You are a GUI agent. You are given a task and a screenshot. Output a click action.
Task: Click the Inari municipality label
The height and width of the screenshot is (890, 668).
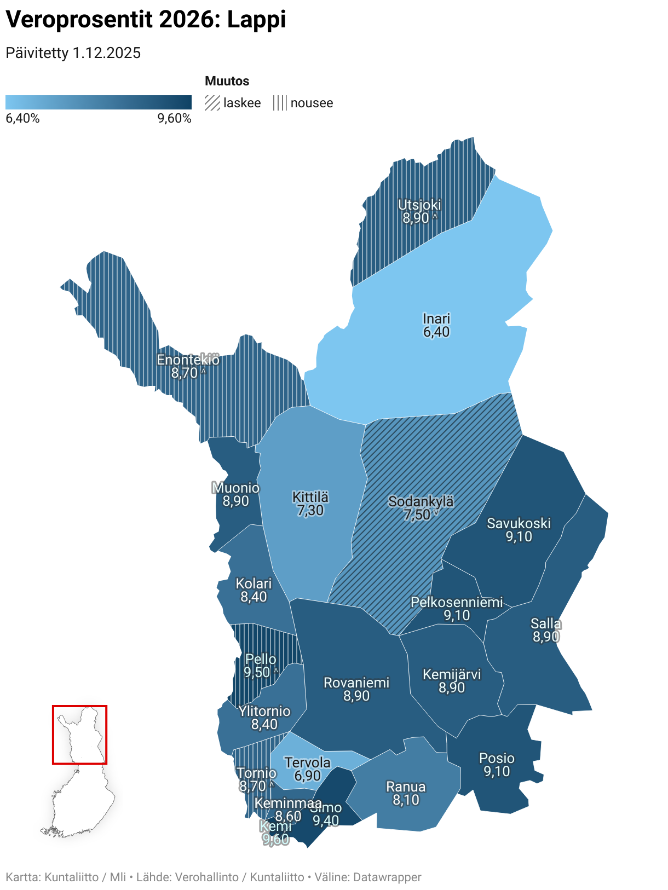(x=436, y=319)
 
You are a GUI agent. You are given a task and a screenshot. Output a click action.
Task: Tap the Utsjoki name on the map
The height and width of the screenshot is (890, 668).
(x=419, y=205)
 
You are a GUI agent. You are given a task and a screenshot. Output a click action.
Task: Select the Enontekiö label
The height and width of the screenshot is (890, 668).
(x=188, y=360)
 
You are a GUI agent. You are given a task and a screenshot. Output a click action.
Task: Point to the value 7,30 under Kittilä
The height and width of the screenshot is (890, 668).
(x=310, y=511)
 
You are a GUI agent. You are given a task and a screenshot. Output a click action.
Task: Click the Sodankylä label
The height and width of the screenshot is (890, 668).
(x=421, y=501)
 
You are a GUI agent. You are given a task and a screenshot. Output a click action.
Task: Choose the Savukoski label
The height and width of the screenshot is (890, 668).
(x=519, y=523)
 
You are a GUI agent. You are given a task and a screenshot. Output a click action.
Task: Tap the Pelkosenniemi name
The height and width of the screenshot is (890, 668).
(x=457, y=602)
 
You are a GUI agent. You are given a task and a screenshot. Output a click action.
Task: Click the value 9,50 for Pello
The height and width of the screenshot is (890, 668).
(x=257, y=672)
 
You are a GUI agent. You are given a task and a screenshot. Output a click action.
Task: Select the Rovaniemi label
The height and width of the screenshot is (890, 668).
(x=356, y=683)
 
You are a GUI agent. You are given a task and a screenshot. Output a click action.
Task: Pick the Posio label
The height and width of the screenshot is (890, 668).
(x=497, y=758)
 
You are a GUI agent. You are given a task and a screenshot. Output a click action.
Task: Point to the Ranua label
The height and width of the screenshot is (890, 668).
(x=406, y=787)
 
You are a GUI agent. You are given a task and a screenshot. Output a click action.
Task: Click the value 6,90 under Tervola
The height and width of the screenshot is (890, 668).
(x=307, y=776)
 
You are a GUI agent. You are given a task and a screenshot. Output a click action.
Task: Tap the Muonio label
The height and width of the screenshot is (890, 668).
(x=235, y=488)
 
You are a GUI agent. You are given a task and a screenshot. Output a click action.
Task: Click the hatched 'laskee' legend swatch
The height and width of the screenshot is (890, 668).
(x=212, y=103)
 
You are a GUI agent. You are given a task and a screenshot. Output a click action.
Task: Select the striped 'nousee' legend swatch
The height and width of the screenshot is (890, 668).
(x=280, y=103)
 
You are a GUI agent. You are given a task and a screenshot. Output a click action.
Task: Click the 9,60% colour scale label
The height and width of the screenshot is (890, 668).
(x=174, y=119)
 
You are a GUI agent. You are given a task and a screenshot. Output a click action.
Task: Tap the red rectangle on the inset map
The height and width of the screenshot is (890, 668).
(x=79, y=707)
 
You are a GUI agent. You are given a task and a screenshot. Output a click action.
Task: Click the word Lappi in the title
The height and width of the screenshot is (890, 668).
(x=256, y=20)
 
